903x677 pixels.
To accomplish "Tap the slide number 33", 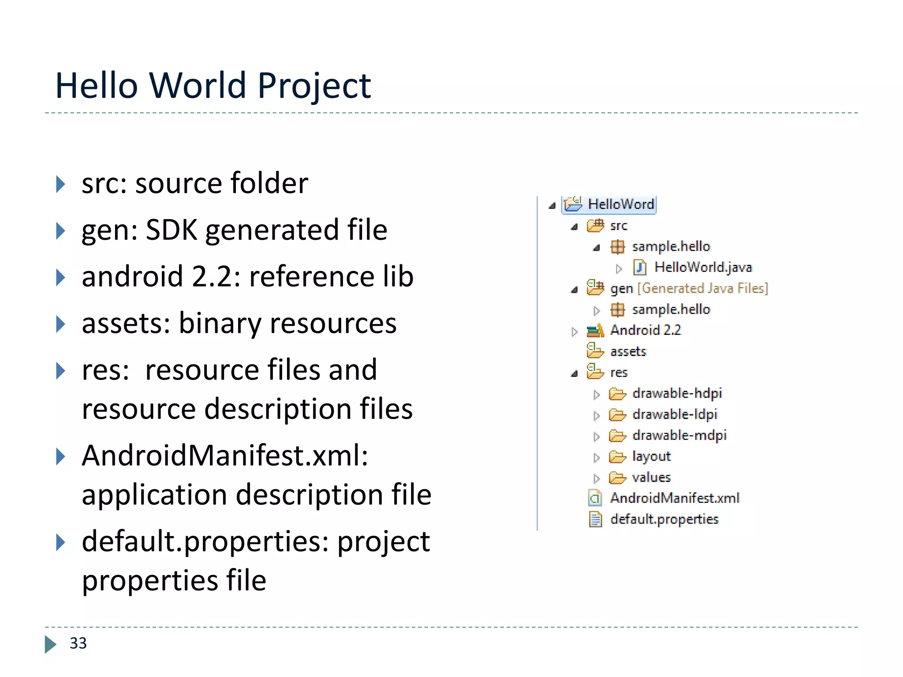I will (x=78, y=643).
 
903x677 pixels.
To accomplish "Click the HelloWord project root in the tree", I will (x=620, y=204).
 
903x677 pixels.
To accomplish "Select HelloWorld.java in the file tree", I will (x=703, y=267).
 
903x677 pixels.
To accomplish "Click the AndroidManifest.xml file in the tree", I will (x=674, y=498).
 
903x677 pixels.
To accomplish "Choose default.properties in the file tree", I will (x=664, y=519).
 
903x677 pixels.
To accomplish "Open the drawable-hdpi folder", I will (x=677, y=393).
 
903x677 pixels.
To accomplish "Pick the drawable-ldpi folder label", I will (x=675, y=414).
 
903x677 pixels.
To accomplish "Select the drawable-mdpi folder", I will (x=679, y=435).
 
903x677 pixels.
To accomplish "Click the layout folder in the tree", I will (x=651, y=456).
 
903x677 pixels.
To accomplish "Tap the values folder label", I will (x=651, y=477).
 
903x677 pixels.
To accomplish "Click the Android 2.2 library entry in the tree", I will (x=645, y=330).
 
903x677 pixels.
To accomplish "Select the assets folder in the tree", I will (x=628, y=351).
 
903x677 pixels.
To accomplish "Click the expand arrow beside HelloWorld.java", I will (x=619, y=268).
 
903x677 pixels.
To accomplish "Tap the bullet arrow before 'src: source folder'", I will (x=61, y=184).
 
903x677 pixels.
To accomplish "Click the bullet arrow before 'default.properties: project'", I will (x=61, y=542).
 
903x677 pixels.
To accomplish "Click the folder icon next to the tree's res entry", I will (x=595, y=372).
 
